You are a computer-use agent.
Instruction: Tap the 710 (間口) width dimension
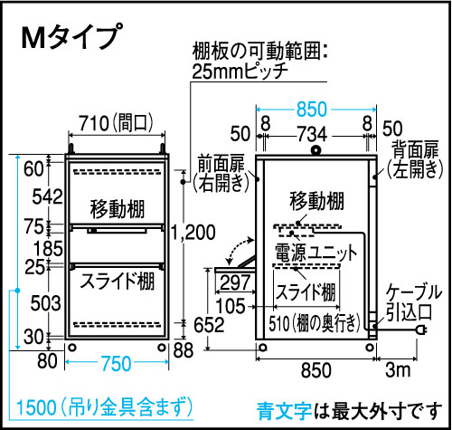pos(117,123)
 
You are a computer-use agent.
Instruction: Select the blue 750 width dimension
pos(116,363)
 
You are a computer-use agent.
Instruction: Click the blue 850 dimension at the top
pos(312,109)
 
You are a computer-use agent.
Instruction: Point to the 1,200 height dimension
pos(193,233)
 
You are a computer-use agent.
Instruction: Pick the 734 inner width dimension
pos(312,134)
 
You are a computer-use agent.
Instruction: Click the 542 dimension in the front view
pos(48,196)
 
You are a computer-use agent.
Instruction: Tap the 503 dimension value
pos(46,303)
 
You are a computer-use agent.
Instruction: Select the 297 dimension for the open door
pos(235,282)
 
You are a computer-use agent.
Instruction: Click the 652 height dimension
pos(209,325)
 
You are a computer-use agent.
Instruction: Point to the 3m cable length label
pos(398,369)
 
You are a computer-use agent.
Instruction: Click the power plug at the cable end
pos(421,330)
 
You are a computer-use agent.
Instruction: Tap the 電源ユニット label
pos(315,253)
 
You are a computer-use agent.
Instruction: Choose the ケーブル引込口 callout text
pos(413,301)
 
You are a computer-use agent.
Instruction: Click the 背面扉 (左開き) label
pos(415,159)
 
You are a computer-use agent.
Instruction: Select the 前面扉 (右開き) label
pos(221,174)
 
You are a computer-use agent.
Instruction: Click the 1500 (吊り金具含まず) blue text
pos(105,406)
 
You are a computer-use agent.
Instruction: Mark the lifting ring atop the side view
pos(316,150)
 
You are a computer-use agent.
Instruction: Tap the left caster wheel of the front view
pos(72,348)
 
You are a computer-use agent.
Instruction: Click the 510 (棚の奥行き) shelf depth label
pos(315,323)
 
